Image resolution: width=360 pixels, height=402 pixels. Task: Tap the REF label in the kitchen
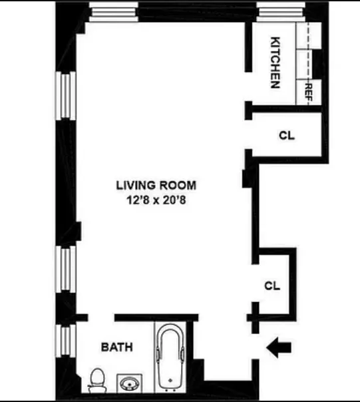[309, 90]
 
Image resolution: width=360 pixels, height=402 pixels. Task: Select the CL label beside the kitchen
[287, 135]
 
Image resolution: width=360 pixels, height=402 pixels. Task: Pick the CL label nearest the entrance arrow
[272, 286]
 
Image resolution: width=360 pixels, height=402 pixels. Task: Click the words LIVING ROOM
[156, 186]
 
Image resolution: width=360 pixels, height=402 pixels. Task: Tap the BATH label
[116, 347]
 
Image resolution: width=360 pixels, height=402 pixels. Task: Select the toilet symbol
[96, 380]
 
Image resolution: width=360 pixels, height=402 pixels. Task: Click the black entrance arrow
[279, 347]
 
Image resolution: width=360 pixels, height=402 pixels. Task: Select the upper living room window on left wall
[65, 95]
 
